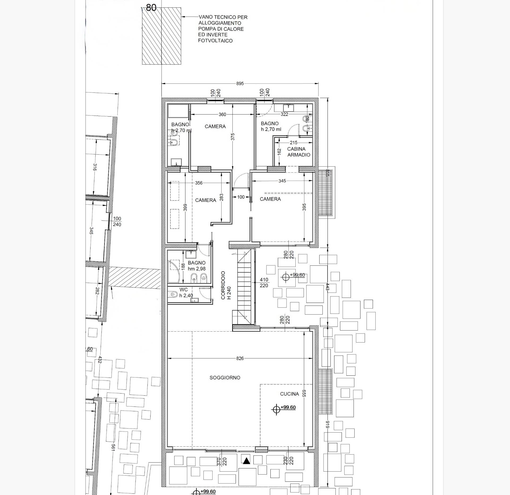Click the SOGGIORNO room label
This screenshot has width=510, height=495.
[225, 378]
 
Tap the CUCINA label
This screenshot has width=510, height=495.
[290, 394]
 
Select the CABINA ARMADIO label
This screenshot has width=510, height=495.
[299, 152]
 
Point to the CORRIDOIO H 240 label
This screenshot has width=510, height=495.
[226, 285]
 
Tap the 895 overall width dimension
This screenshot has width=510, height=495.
[240, 83]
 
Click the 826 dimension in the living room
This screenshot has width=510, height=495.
[240, 358]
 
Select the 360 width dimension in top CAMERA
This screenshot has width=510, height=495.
[222, 115]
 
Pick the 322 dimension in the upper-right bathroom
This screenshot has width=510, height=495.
[284, 115]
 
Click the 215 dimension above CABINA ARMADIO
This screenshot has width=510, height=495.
[294, 143]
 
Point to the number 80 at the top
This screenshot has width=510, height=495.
[151, 8]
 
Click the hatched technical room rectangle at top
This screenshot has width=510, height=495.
[162, 36]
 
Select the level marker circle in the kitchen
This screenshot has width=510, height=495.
[276, 409]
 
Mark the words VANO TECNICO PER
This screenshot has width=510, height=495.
[223, 17]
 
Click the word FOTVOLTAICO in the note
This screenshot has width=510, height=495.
[215, 41]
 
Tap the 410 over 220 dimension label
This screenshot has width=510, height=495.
[264, 282]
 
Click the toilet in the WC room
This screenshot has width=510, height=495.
[173, 294]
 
